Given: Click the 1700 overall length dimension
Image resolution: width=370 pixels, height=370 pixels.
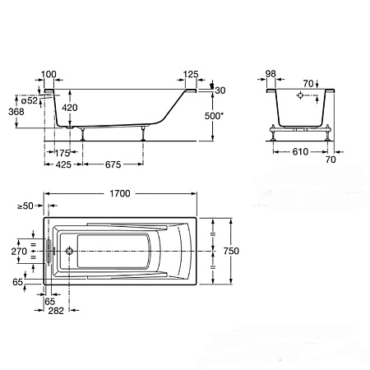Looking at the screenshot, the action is [120, 193].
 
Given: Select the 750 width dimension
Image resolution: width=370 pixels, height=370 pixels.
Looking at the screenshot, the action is [231, 251].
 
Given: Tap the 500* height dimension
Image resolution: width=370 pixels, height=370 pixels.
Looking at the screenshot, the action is [214, 116].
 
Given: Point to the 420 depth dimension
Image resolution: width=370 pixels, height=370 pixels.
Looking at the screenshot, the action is [70, 108].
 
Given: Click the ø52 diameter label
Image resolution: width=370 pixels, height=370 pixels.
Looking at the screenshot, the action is [30, 100].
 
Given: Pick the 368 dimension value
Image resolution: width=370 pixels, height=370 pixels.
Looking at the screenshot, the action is [16, 112].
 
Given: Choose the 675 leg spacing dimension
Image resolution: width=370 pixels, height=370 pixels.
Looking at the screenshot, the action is [113, 164].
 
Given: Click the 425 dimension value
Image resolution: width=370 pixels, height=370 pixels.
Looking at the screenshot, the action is [63, 164].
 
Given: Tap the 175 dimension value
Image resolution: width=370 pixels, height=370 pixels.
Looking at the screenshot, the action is [62, 153].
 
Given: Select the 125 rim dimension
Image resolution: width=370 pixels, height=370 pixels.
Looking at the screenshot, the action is [191, 74].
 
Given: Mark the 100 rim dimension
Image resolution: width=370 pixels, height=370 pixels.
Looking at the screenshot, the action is [49, 74].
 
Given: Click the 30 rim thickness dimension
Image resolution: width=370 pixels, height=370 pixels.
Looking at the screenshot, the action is [220, 90].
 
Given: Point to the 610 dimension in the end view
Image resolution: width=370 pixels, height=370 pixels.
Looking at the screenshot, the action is [300, 151].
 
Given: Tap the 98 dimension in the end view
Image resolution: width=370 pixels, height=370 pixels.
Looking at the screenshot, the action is [271, 74].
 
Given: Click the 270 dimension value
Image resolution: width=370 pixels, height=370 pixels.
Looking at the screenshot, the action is [19, 251].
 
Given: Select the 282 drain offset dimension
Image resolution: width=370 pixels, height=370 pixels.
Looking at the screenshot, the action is [56, 311].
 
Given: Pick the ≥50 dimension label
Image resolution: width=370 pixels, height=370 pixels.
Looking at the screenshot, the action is [25, 206].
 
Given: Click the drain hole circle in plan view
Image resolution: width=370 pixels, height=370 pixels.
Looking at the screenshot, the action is [69, 251].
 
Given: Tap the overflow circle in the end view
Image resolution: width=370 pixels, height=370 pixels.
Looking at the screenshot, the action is [300, 95].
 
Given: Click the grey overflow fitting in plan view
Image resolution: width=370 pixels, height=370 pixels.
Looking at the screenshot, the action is [49, 252].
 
